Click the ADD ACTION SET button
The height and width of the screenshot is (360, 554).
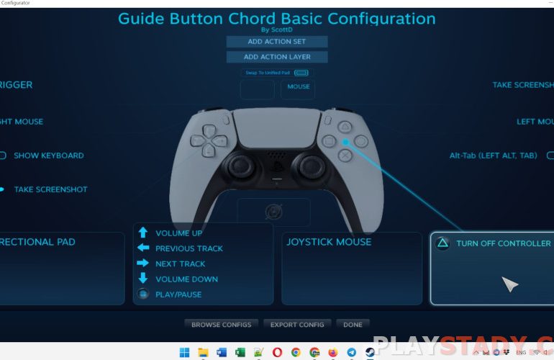tap(277, 42)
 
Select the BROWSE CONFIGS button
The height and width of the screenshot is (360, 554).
tap(221, 325)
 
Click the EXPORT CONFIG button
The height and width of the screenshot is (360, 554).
tap(298, 325)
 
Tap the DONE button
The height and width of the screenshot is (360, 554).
tap(353, 325)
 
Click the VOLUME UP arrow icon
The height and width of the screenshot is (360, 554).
tap(143, 233)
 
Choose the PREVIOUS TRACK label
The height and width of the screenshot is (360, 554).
tap(189, 248)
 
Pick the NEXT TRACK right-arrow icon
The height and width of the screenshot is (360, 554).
tap(143, 264)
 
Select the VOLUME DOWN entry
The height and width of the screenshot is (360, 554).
tap(186, 279)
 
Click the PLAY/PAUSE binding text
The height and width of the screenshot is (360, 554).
tap(178, 294)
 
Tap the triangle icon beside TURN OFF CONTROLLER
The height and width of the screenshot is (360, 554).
tap(444, 243)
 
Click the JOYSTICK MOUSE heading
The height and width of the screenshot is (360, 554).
tap(329, 242)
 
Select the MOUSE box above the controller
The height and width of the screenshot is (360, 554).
tap(298, 87)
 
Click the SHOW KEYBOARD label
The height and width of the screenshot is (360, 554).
tap(49, 156)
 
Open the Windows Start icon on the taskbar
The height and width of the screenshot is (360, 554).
tap(184, 353)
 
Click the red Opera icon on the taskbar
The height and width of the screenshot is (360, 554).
tap(277, 353)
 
